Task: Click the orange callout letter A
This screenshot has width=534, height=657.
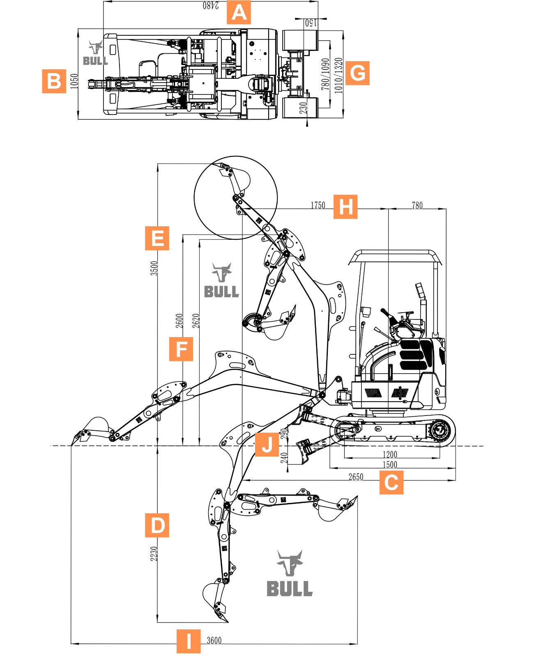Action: coord(239,12)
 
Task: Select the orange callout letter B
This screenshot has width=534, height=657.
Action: coord(54,81)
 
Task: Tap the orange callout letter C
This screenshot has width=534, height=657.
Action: coord(391,482)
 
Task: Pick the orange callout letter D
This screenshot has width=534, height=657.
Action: coord(157,525)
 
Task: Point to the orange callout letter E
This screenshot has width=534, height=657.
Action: coord(157,238)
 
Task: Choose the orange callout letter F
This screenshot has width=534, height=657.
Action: coord(181,349)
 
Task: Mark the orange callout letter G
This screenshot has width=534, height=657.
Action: coord(357,73)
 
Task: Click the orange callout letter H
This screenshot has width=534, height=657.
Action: coord(345,207)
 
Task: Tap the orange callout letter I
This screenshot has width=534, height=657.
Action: coord(189,641)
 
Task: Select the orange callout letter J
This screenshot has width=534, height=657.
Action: coord(267,444)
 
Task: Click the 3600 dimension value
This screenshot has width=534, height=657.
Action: coord(214,640)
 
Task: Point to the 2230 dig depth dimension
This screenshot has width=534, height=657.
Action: coord(154,554)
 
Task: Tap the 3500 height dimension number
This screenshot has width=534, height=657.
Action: coord(154,268)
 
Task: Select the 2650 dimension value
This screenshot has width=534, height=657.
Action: coord(356,477)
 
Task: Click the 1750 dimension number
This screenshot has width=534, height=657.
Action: coord(318,205)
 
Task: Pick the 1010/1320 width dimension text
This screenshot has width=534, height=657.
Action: coord(338,76)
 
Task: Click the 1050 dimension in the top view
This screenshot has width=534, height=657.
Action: coord(74,81)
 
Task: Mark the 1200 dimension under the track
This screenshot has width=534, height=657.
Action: coord(390,454)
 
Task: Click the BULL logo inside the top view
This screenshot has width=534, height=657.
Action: coord(95,53)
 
